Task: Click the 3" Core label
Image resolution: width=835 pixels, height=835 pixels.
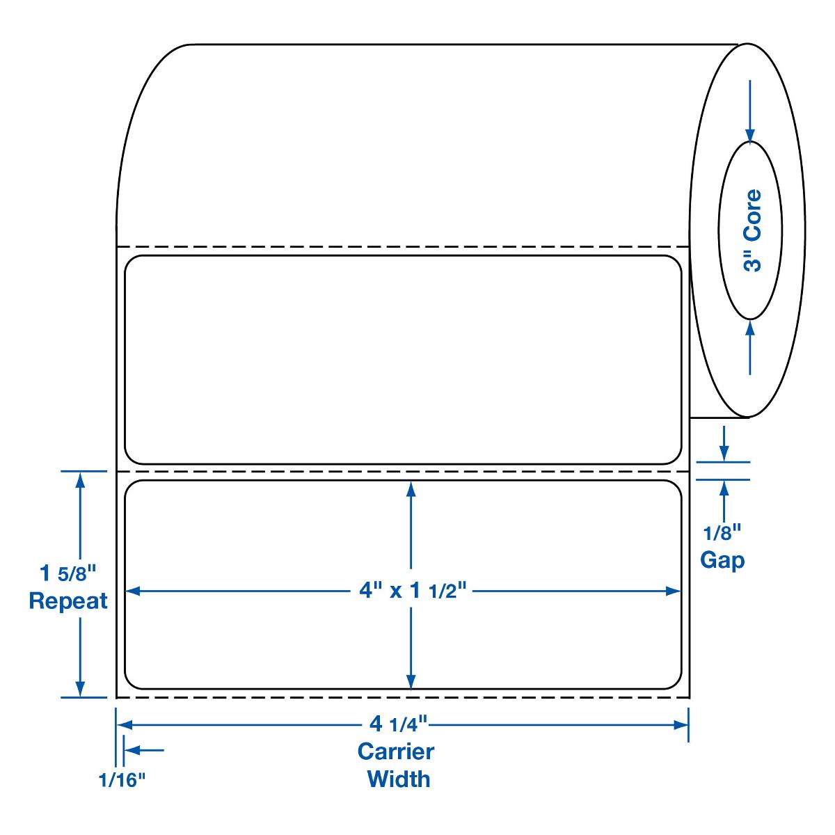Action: [752, 231]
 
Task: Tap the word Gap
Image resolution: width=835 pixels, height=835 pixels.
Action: [722, 559]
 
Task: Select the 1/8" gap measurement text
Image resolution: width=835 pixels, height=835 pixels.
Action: [723, 534]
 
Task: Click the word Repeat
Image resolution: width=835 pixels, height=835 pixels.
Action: [68, 601]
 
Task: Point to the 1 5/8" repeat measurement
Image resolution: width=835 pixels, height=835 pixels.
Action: [67, 574]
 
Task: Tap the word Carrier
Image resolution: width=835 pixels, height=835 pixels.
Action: [396, 751]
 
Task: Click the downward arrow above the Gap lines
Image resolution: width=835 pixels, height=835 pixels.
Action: [724, 452]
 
